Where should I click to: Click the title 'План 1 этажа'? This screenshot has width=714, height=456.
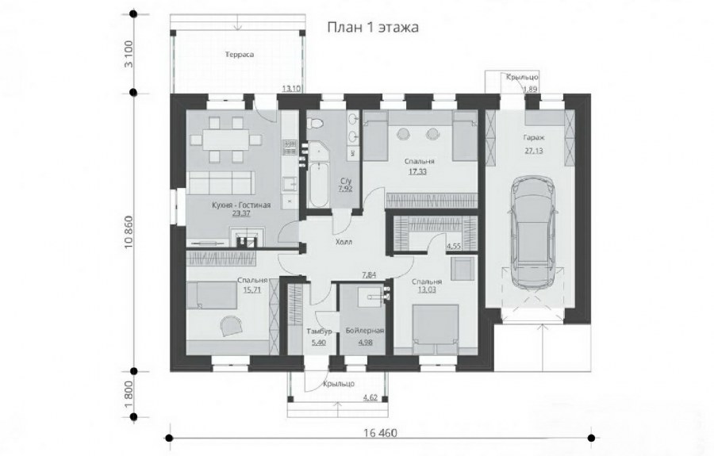click(x=372, y=27)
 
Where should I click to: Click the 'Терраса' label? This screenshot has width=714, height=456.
click(x=239, y=55)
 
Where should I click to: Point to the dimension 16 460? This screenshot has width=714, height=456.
click(x=379, y=433)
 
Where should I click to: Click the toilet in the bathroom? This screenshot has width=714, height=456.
click(x=317, y=125)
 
